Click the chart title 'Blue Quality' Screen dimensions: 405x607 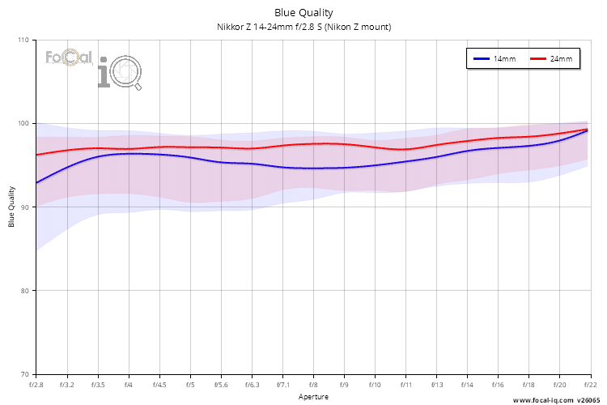click(303, 12)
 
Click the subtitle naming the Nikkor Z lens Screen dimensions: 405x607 click(303, 27)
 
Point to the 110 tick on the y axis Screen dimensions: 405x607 click(23, 40)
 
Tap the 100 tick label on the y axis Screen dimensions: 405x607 click(23, 123)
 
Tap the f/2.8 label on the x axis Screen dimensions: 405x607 click(36, 385)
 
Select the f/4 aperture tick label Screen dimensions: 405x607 click(129, 385)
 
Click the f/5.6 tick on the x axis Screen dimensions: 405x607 click(221, 385)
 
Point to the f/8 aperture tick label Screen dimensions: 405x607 click(313, 385)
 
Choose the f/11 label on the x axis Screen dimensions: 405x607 click(405, 385)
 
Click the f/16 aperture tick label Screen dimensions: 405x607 click(498, 385)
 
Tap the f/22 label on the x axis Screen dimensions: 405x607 click(589, 385)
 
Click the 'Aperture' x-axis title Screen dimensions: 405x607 click(312, 397)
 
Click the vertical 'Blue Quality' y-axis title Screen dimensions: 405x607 click(11, 207)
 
